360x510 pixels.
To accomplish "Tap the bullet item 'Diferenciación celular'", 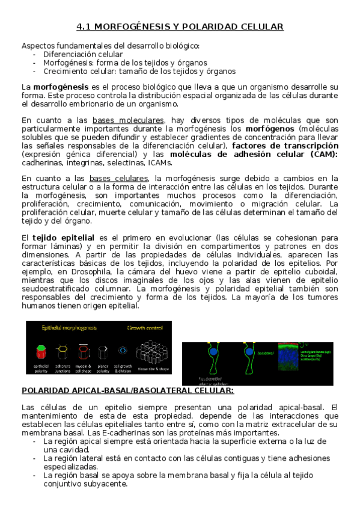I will click(83, 54).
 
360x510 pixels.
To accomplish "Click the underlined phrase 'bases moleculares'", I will click(136, 120).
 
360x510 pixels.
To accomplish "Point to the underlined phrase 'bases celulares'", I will click(118, 179).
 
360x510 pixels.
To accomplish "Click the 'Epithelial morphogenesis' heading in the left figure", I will click(69, 328).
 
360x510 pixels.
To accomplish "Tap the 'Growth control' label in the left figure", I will click(144, 328).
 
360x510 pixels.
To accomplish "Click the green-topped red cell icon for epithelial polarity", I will click(41, 349).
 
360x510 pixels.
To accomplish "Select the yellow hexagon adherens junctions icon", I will click(62, 349).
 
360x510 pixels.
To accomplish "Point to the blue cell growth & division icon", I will click(123, 349).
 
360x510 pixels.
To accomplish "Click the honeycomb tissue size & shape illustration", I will click(151, 350).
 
